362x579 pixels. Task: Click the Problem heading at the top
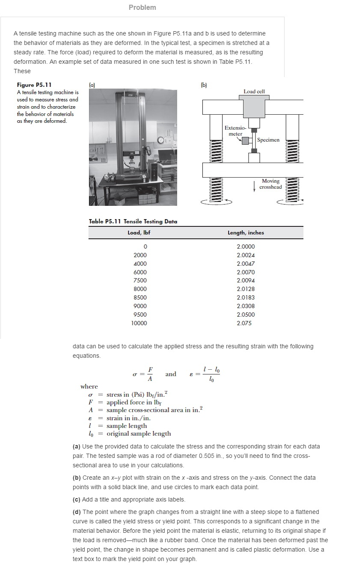pyautogui.click(x=142, y=7)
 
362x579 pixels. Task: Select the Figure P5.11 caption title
pyautogui.click(x=34, y=85)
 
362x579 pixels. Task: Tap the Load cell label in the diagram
pyautogui.click(x=254, y=92)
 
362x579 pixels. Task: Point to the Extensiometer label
pyautogui.click(x=235, y=131)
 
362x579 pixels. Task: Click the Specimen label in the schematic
pyautogui.click(x=268, y=140)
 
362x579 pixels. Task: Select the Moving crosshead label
pyautogui.click(x=270, y=184)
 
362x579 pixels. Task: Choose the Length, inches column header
pyautogui.click(x=246, y=233)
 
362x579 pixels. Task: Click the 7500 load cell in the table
pyautogui.click(x=140, y=280)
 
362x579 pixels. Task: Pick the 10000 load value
pyautogui.click(x=139, y=323)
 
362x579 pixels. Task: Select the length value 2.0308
pyautogui.click(x=246, y=306)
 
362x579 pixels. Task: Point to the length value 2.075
pyautogui.click(x=244, y=323)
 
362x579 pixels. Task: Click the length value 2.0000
pyautogui.click(x=246, y=246)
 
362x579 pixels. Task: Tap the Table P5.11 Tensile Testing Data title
pyautogui.click(x=133, y=221)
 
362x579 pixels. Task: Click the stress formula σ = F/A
pyautogui.click(x=143, y=374)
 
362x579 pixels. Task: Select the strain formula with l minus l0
pyautogui.click(x=205, y=374)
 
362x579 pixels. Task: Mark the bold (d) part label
pyautogui.click(x=77, y=512)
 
